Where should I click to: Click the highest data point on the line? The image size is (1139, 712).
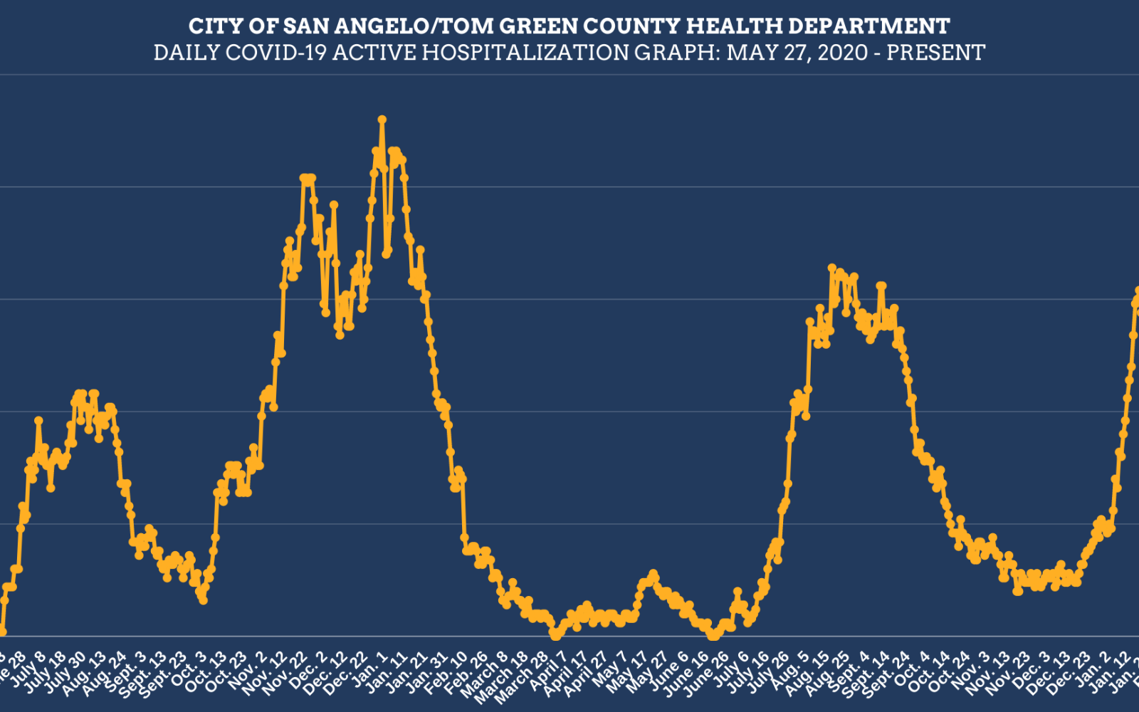click(x=382, y=119)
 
